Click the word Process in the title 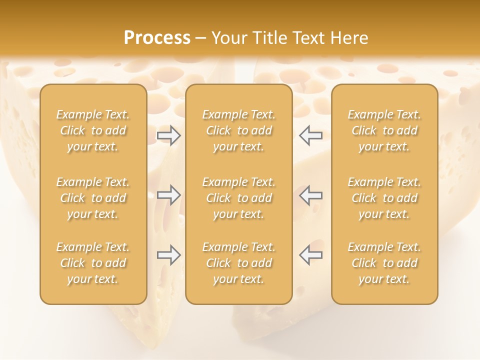pos(157,38)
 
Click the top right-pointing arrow pos(169,135)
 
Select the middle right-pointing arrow pos(169,195)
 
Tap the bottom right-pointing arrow pos(169,255)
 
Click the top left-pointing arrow pos(310,135)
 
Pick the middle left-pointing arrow pos(310,195)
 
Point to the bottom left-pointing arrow pos(310,255)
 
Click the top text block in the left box pos(93,130)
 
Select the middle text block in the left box pos(93,198)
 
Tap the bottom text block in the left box pos(93,263)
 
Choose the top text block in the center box pos(238,130)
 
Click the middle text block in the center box pos(238,198)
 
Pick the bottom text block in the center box pos(238,263)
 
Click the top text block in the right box pos(384,130)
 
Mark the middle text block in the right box pos(384,198)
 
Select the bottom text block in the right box pos(384,263)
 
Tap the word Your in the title pos(228,38)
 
